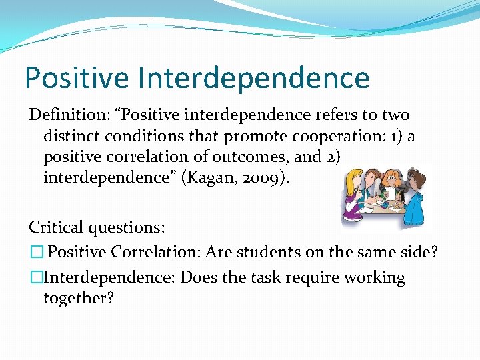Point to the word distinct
(x=71, y=137)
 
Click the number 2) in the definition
(x=332, y=157)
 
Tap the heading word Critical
(x=55, y=227)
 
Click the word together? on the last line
(x=79, y=298)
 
